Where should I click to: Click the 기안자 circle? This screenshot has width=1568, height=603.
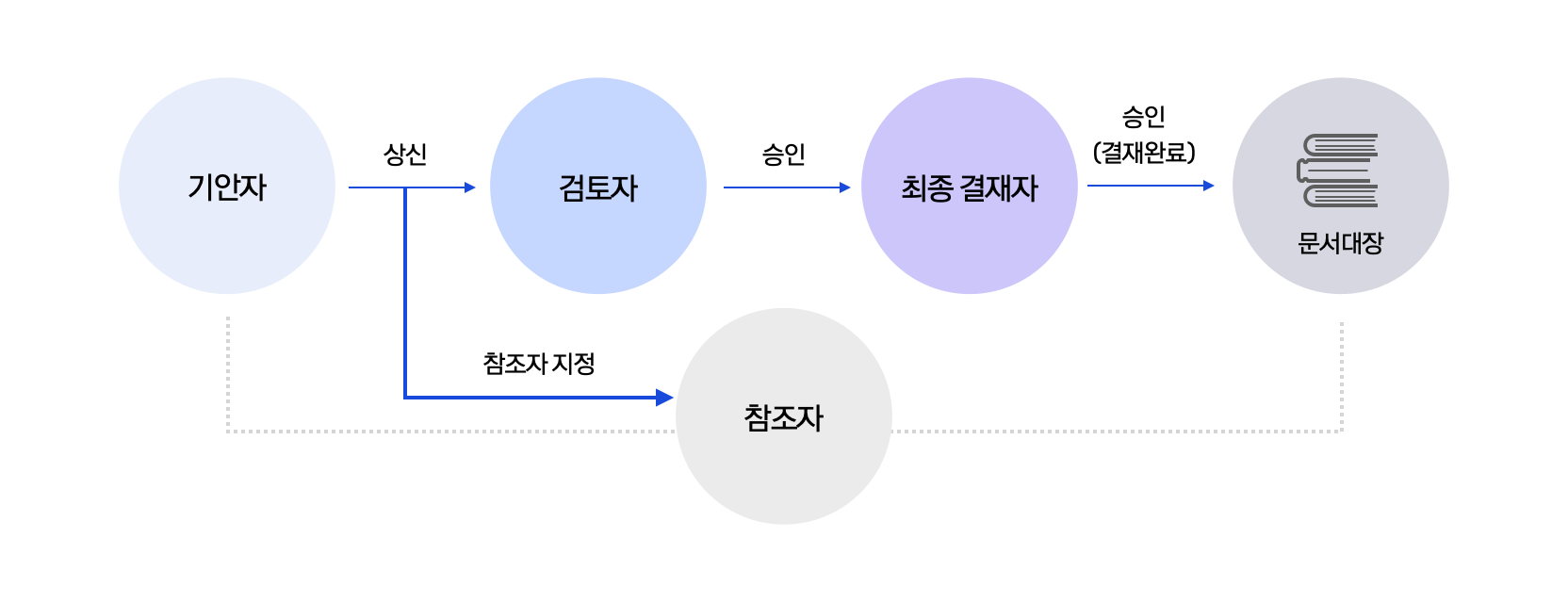point(227,186)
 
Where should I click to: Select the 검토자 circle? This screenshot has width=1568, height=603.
point(597,186)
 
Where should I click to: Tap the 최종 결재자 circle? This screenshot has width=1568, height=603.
point(969,186)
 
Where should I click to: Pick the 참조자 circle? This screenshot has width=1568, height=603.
point(783,416)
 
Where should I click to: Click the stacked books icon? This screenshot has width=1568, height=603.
point(1338,170)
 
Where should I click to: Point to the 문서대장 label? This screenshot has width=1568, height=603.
point(1341,243)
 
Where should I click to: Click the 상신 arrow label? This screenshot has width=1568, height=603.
point(404,154)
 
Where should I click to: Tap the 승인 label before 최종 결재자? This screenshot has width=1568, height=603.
point(783,154)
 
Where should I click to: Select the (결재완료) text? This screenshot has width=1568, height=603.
point(1144,152)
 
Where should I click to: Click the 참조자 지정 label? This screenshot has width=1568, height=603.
point(538,363)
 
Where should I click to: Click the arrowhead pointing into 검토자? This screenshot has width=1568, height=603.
point(469,187)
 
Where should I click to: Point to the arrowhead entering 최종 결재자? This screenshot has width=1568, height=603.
point(845,187)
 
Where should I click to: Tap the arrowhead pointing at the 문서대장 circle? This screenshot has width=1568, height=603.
point(1209,186)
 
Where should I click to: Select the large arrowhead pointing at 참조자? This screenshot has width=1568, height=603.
point(664,398)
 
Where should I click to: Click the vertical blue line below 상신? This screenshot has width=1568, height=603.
point(404,292)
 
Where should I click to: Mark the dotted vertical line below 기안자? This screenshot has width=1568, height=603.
point(227,373)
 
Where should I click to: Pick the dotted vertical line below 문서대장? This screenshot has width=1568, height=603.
point(1341,376)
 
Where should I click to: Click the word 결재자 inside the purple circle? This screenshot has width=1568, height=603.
point(999,187)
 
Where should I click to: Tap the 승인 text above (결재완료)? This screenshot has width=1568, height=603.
point(1144,116)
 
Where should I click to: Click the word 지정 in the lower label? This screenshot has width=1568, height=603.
point(573,363)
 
